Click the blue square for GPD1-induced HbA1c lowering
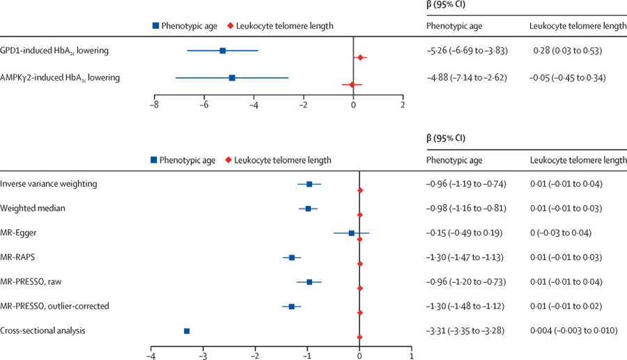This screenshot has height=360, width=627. click(x=222, y=51)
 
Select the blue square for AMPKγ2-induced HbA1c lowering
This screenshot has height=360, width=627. click(x=232, y=78)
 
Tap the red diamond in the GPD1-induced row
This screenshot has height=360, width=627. click(x=360, y=57)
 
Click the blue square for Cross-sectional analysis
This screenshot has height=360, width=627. click(x=187, y=331)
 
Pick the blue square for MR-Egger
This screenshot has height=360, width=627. click(x=352, y=233)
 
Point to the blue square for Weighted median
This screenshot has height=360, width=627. click(x=308, y=209)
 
